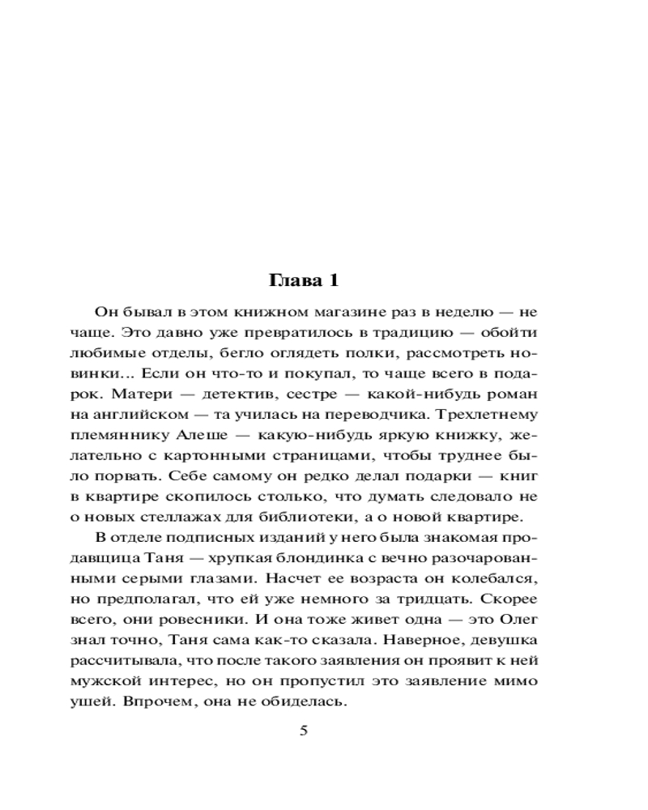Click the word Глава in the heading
tap(292, 281)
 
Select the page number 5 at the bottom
tap(304, 731)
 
